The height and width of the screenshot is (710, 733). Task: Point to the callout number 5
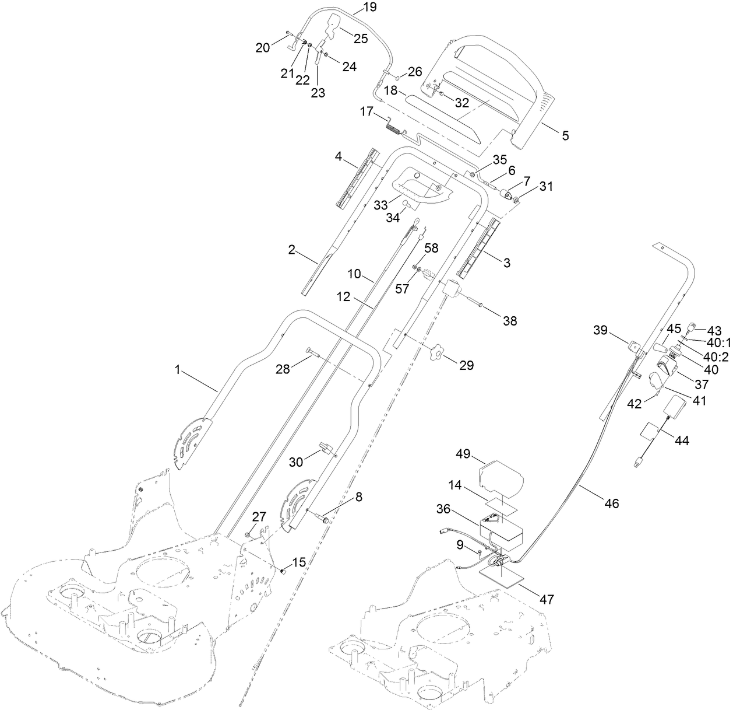coord(565,135)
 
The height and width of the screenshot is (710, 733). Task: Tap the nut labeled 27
coord(249,534)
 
